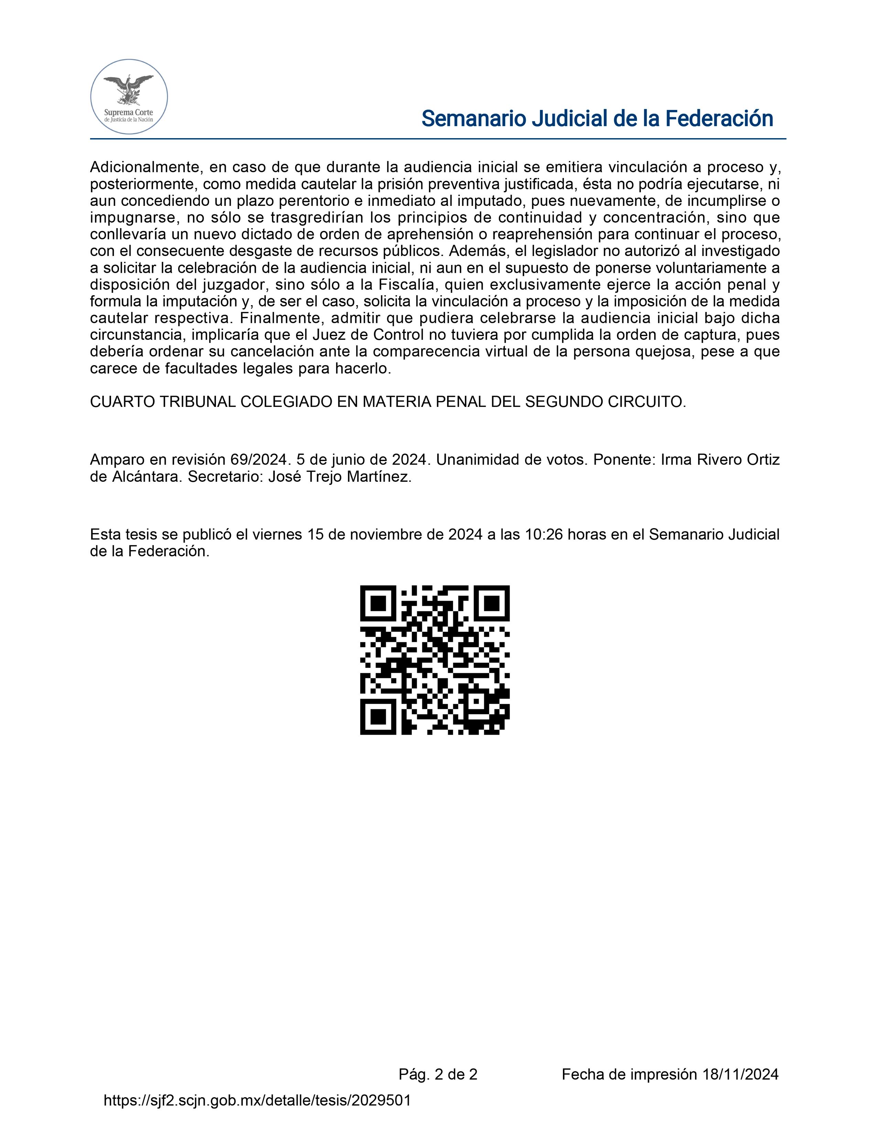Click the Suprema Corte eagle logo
129,97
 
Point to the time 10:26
544,535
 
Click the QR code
435,660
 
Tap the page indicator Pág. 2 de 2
438,1074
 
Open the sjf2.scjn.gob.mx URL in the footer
258,1100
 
